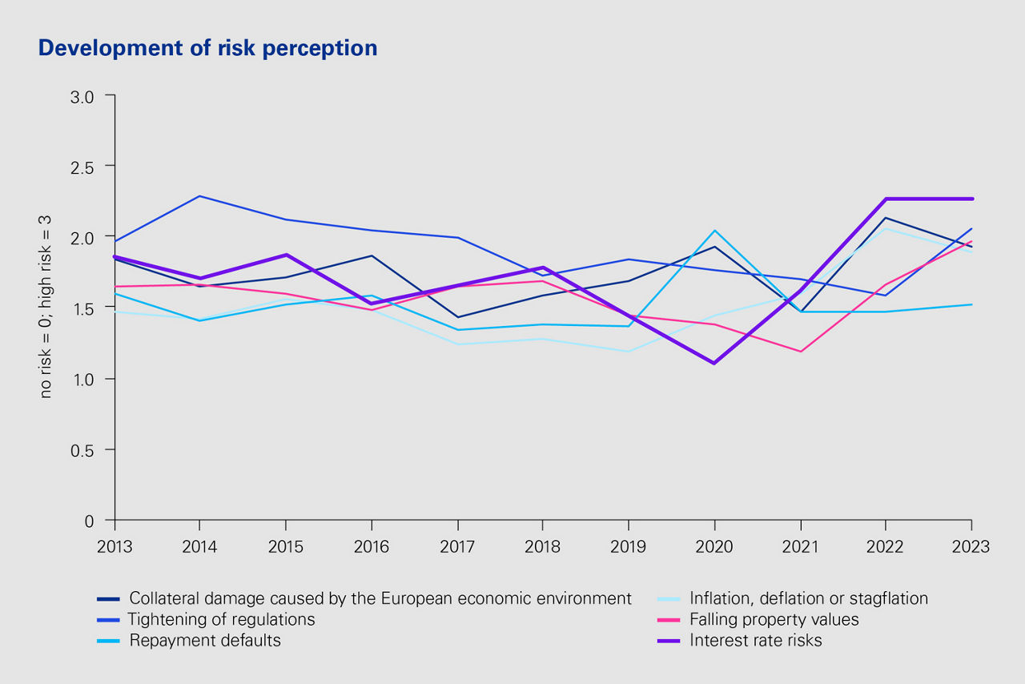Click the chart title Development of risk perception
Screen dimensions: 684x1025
click(207, 48)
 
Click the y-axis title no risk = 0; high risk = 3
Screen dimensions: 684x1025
click(46, 308)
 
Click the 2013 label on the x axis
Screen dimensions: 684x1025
click(115, 546)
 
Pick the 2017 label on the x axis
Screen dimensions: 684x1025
click(457, 546)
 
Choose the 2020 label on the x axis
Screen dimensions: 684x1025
click(714, 546)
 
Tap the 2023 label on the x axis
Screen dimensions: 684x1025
click(971, 546)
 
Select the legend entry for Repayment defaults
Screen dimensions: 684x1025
click(205, 641)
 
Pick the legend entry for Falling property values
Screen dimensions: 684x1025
click(774, 620)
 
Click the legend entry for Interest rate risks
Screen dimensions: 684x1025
click(756, 641)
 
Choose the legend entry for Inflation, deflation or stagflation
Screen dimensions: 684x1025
click(809, 598)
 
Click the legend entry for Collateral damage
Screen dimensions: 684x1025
click(380, 598)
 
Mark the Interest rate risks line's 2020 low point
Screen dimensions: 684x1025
click(714, 364)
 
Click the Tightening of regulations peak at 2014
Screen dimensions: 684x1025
click(200, 196)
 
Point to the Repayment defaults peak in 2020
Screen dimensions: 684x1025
click(714, 231)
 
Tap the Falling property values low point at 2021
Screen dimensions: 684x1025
click(800, 352)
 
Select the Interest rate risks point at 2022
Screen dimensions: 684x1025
click(886, 199)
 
